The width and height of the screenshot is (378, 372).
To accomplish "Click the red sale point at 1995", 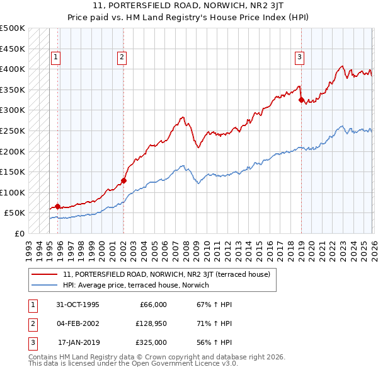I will click(x=58, y=206).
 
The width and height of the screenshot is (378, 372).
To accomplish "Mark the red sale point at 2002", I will click(x=123, y=180).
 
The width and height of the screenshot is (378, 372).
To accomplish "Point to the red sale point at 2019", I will click(x=301, y=100).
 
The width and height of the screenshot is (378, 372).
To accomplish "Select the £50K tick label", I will click(x=15, y=213).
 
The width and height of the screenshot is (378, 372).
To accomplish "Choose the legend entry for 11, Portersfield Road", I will click(x=166, y=274).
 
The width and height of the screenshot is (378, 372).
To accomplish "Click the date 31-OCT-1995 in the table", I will click(x=77, y=305).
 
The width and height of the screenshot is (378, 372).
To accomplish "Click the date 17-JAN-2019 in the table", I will click(x=77, y=342).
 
